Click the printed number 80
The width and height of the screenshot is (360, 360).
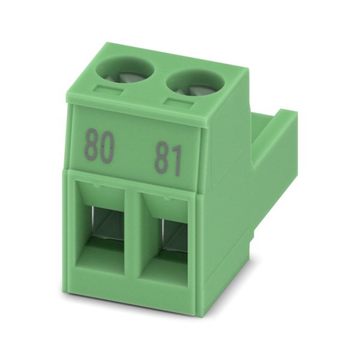99,146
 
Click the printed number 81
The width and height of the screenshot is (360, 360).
169,158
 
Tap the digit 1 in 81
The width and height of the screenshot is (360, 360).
176,161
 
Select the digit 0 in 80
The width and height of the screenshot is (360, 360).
107,148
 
